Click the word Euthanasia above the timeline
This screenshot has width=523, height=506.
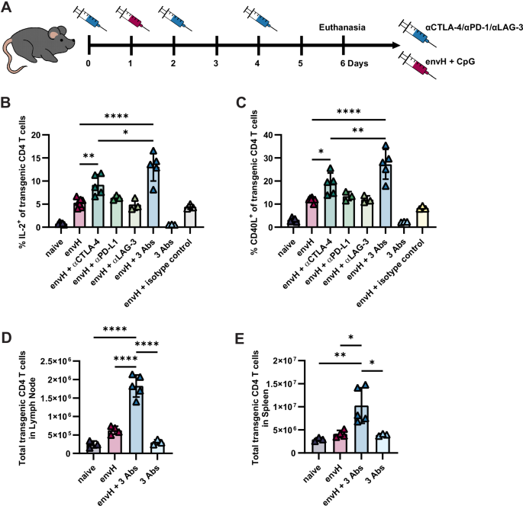click(341, 28)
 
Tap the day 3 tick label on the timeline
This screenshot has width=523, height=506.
click(216, 63)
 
